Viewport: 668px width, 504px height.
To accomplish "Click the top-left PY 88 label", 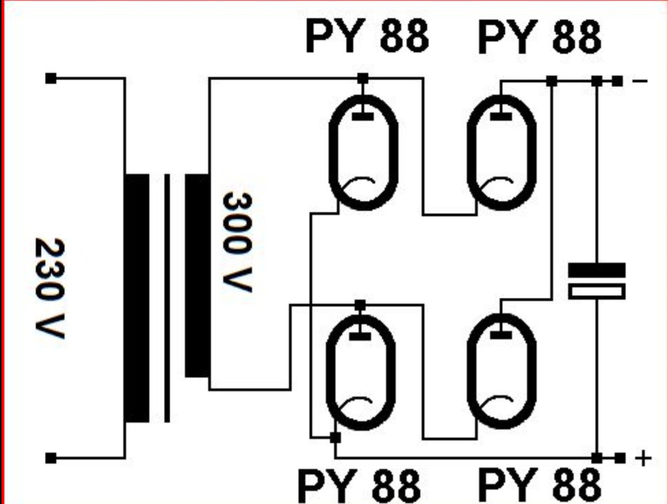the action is click(367, 36).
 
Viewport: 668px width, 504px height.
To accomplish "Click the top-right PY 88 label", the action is click(539, 37).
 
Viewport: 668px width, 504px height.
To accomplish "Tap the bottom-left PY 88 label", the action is click(359, 485).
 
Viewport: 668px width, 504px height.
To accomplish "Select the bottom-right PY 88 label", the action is click(539, 485).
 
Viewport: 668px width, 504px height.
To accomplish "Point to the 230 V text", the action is click(50, 289).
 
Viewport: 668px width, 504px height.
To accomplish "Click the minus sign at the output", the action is click(640, 81).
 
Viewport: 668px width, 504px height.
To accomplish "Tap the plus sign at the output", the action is click(643, 458).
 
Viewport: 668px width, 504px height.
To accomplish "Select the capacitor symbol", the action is click(597, 281).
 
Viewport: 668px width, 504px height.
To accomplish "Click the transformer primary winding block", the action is click(137, 298).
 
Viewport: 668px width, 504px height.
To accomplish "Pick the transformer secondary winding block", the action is click(197, 275).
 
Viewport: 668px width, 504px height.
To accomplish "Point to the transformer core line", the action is click(166, 298).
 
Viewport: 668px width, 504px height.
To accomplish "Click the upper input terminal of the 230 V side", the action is click(51, 78).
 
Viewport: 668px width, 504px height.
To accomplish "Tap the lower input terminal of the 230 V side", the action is click(51, 458).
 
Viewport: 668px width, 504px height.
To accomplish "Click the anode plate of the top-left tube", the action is click(363, 116).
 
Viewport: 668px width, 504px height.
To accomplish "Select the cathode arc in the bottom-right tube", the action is click(499, 402).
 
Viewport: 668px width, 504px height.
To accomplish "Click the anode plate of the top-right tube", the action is click(502, 115).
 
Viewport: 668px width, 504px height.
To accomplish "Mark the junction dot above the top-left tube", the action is click(363, 78).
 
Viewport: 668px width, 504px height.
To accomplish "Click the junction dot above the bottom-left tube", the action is click(360, 305).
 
